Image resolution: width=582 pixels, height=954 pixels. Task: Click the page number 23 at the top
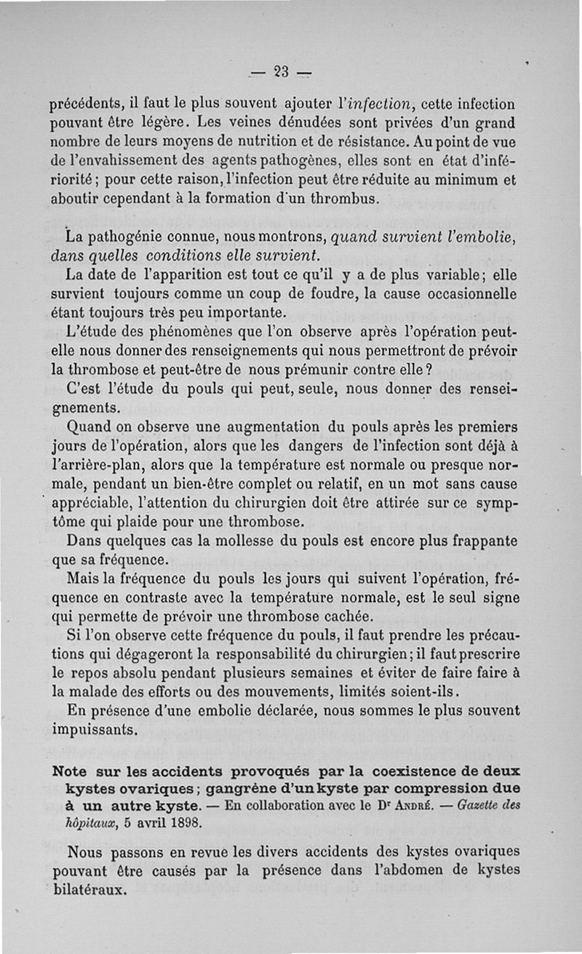(x=281, y=71)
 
